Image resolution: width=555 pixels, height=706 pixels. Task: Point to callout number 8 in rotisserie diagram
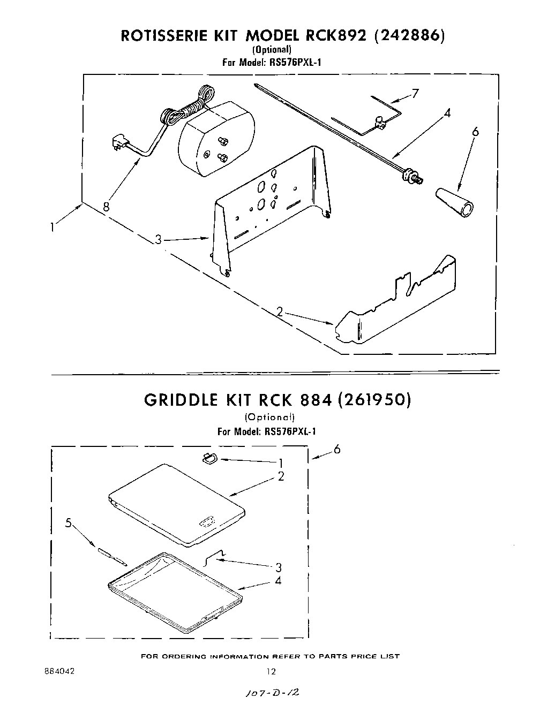click(106, 206)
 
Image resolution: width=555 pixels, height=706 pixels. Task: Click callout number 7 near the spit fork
click(415, 94)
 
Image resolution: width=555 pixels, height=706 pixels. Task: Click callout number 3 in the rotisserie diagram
click(159, 239)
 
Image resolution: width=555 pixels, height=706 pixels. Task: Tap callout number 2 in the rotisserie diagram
click(280, 312)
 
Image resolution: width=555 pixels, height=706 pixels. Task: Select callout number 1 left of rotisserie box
click(52, 227)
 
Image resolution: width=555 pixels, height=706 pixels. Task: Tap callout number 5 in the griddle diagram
click(68, 523)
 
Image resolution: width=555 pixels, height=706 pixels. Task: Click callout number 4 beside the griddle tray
click(278, 580)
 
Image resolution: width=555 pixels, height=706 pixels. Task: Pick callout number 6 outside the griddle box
click(336, 450)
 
